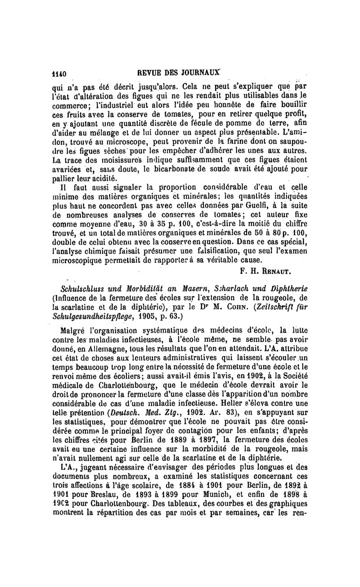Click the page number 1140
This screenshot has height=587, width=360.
(59, 73)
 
